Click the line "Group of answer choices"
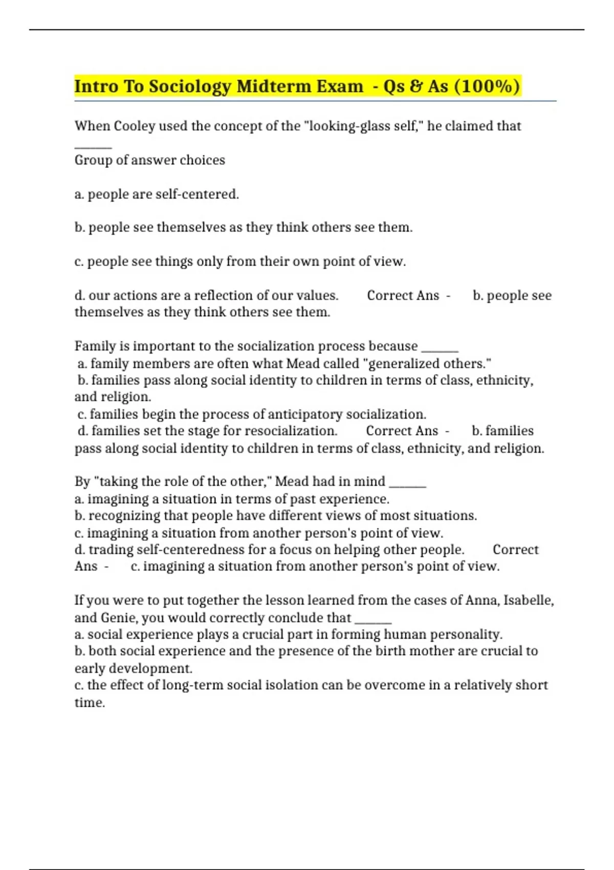(149, 160)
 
